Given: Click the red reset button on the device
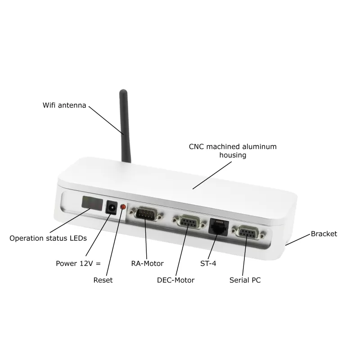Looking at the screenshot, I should pyautogui.click(x=123, y=207).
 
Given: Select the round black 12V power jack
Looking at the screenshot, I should pyautogui.click(x=111, y=208).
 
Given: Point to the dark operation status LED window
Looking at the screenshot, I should pyautogui.click(x=92, y=203).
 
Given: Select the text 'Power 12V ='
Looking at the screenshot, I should pyautogui.click(x=75, y=263).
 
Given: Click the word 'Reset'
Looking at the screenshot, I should pyautogui.click(x=103, y=280).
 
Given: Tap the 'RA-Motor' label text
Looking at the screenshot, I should pyautogui.click(x=147, y=263).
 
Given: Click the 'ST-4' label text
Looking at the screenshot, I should pyautogui.click(x=208, y=263).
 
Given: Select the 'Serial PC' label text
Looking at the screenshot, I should pyautogui.click(x=245, y=280).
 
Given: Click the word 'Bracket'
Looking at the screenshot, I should pyautogui.click(x=324, y=234).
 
